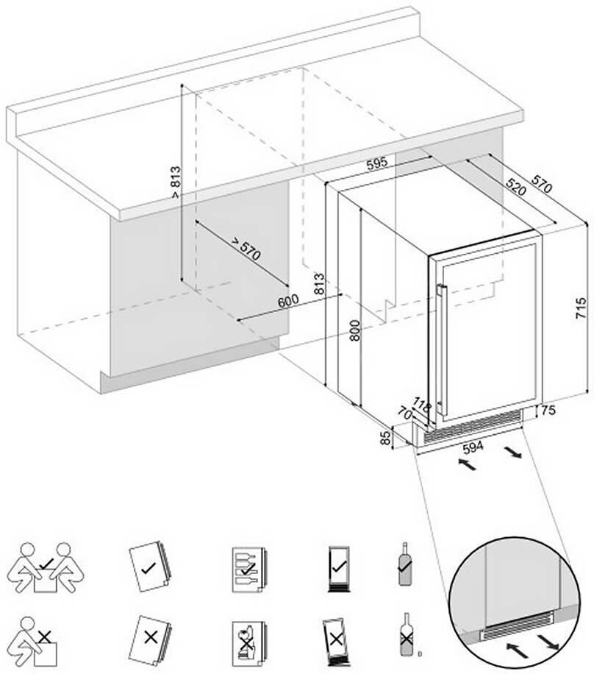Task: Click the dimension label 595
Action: [376, 164]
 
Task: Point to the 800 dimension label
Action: [354, 335]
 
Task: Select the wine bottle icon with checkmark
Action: [404, 564]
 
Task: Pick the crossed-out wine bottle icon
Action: [404, 636]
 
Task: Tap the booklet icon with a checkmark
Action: [148, 567]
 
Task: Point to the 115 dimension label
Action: [422, 404]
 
